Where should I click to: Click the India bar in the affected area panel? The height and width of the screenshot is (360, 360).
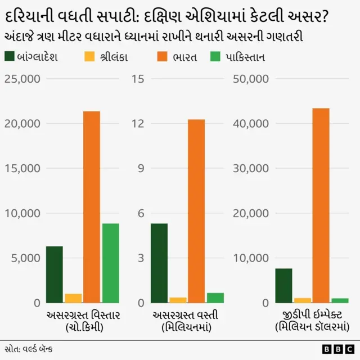coord(92,207)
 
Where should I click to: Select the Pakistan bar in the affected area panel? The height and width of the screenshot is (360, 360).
coord(110,263)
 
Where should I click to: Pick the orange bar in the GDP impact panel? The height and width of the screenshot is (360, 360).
coord(321,205)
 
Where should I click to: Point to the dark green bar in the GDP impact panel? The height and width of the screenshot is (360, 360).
coord(283,285)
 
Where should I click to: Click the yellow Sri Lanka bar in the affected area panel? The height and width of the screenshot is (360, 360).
coord(73,298)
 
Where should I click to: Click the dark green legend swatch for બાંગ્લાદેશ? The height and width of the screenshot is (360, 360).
coord(10,57)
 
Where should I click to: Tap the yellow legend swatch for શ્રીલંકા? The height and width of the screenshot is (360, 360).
coord(89,57)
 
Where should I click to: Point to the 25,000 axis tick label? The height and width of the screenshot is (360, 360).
coord(22,79)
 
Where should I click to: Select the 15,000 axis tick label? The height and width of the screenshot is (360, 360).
coord(22,168)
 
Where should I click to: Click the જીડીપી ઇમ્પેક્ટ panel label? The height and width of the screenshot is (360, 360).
coord(311,314)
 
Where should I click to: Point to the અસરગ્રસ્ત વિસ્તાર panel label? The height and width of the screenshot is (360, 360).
coord(83,314)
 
